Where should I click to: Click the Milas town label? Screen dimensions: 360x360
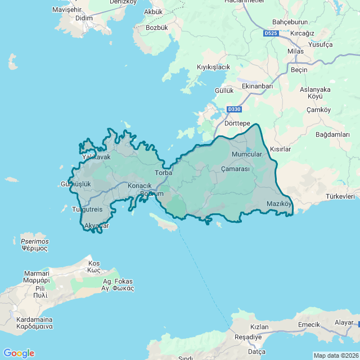click(295, 51)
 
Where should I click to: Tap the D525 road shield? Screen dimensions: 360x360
click(271, 34)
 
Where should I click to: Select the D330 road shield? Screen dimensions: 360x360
click(234, 109)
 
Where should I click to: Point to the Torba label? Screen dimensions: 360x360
click(164, 173)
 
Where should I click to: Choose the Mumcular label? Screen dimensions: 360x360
click(246, 154)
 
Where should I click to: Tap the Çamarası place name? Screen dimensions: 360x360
click(235, 169)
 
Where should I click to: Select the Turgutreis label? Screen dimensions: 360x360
click(88, 209)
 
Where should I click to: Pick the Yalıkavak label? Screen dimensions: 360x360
click(97, 157)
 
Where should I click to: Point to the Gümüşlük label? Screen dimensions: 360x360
click(75, 184)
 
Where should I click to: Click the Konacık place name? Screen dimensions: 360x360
click(140, 186)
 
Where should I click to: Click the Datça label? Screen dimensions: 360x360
click(256, 352)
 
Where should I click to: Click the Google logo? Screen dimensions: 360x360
click(19, 353)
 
